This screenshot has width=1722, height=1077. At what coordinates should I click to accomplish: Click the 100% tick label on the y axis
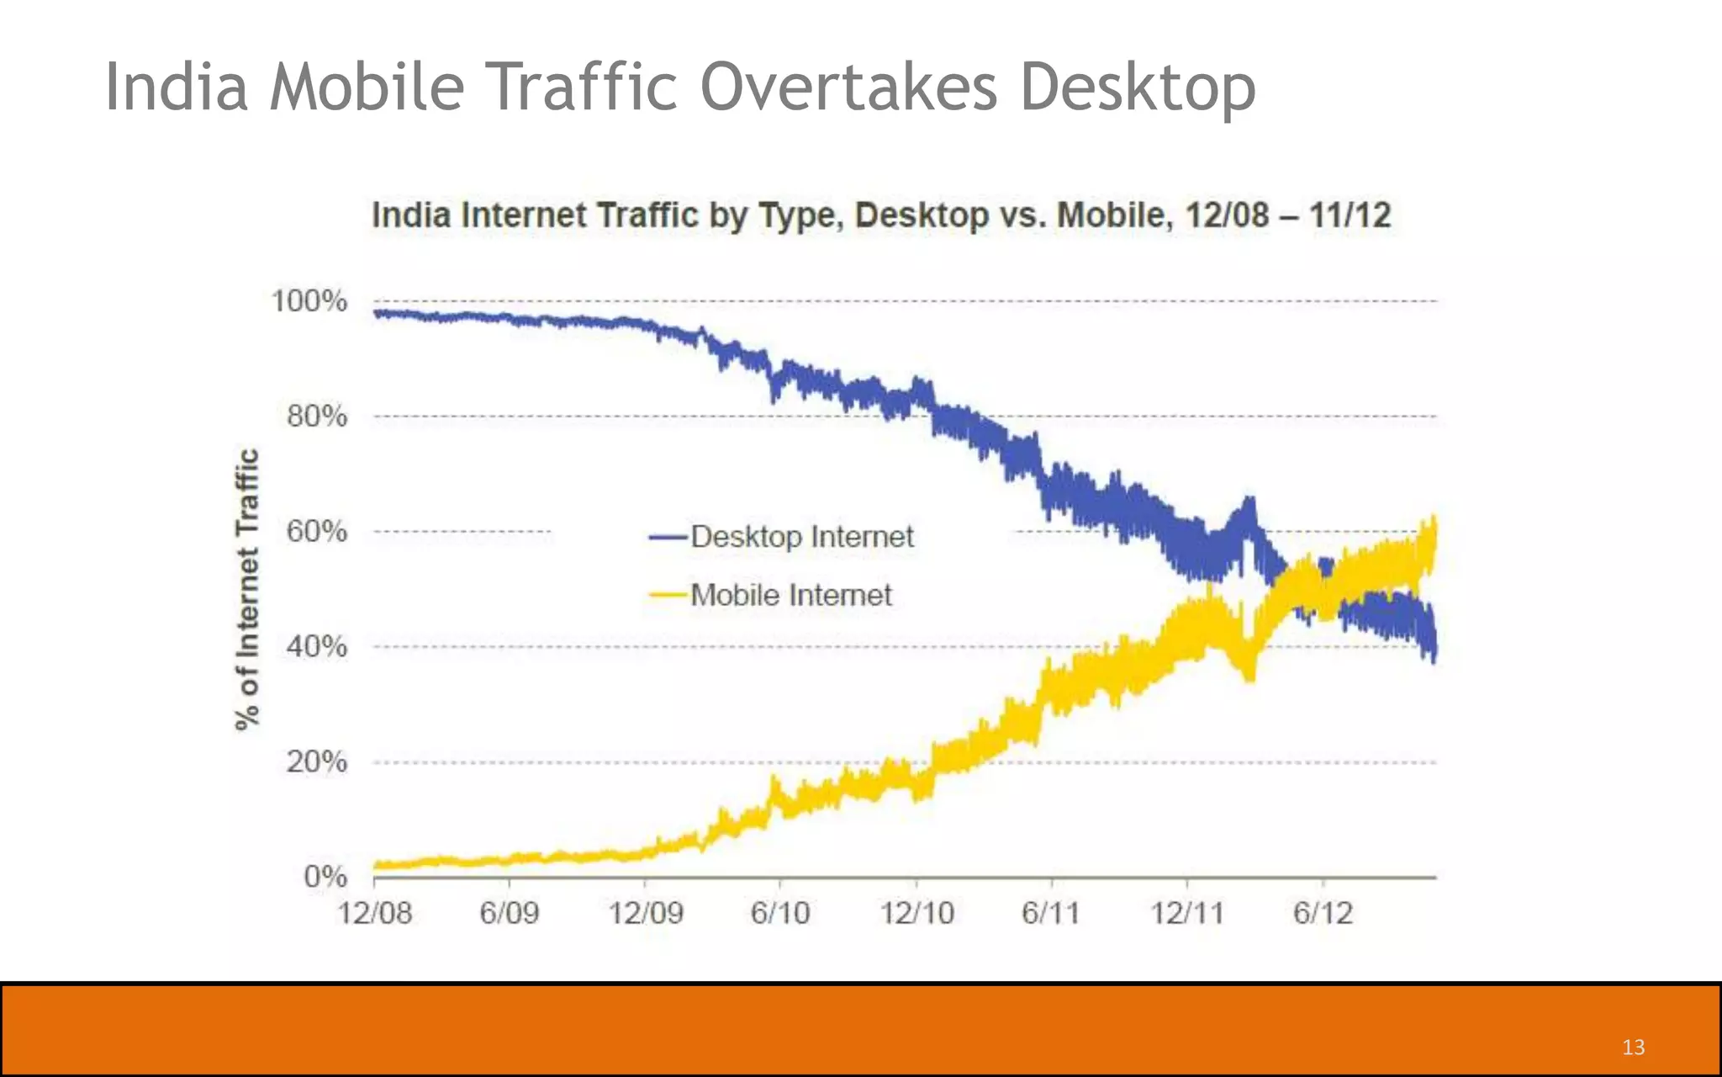pyautogui.click(x=309, y=301)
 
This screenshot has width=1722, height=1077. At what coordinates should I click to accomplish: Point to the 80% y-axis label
pyautogui.click(x=316, y=416)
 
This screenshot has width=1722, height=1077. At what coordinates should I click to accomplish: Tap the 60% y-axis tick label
pyautogui.click(x=316, y=532)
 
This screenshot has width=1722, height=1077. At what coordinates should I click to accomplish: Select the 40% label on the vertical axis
pyautogui.click(x=316, y=647)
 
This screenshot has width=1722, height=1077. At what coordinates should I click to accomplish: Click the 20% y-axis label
pyautogui.click(x=316, y=762)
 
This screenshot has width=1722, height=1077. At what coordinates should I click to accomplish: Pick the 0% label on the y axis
pyautogui.click(x=325, y=877)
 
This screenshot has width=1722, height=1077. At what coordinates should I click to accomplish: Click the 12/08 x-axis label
pyautogui.click(x=375, y=913)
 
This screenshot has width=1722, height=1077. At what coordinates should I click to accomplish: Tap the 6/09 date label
pyautogui.click(x=509, y=913)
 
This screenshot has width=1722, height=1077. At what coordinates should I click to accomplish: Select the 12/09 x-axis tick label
pyautogui.click(x=646, y=913)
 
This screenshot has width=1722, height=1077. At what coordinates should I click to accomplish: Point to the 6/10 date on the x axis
pyautogui.click(x=780, y=913)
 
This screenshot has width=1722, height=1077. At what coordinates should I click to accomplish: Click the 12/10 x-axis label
pyautogui.click(x=916, y=913)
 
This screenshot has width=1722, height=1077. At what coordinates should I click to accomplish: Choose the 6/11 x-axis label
pyautogui.click(x=1050, y=913)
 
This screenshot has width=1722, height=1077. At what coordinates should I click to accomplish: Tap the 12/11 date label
pyautogui.click(x=1187, y=913)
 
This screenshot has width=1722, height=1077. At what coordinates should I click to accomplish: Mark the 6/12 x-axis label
pyautogui.click(x=1323, y=913)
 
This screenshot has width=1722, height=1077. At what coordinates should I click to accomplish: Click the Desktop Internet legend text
pyautogui.click(x=801, y=537)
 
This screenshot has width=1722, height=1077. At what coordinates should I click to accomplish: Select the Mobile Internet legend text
pyautogui.click(x=790, y=596)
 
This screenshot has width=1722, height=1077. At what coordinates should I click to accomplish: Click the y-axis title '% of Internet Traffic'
pyautogui.click(x=246, y=589)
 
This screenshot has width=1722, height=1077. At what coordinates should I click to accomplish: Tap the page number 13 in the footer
pyautogui.click(x=1633, y=1047)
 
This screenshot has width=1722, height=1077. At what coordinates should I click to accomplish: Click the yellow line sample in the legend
pyautogui.click(x=668, y=596)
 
